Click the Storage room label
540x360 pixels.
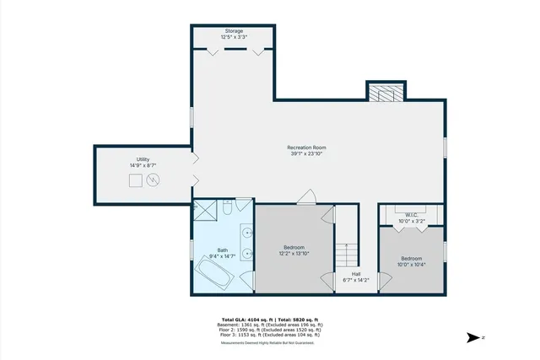pos(233,31)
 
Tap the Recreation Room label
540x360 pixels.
pos(306,148)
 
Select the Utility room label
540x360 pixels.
pos(143,159)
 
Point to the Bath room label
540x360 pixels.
pos(223,250)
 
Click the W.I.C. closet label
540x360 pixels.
pos(412,215)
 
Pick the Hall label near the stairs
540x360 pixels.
pos(357,274)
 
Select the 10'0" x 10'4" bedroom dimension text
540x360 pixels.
pos(411,264)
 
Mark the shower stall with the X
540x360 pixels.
pos(205,211)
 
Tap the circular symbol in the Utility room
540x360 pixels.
pos(154,179)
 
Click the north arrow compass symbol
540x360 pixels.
pos(474,337)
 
